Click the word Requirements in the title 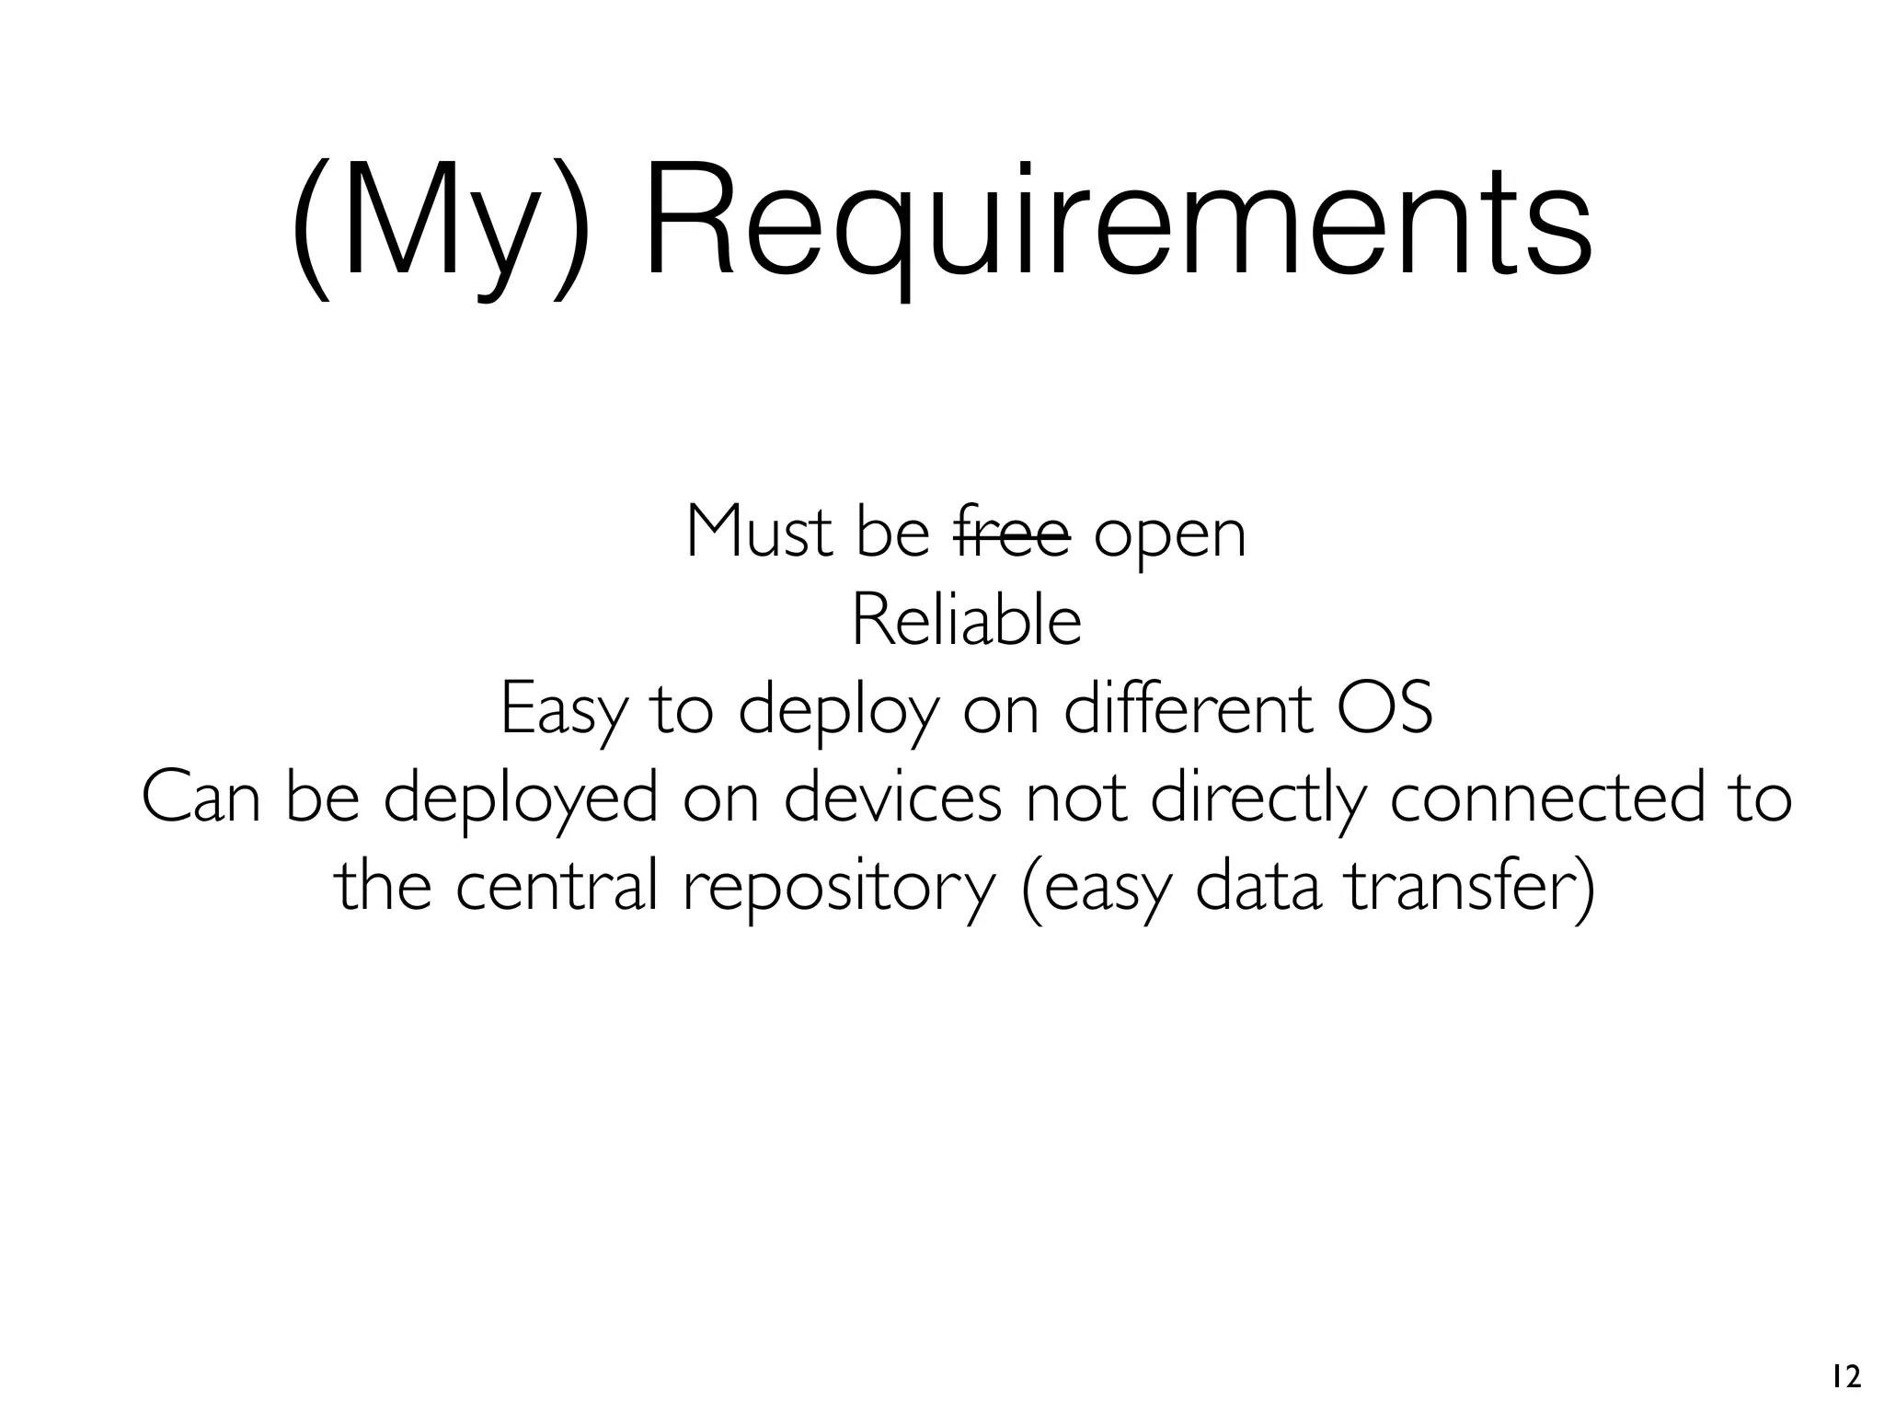pyautogui.click(x=1117, y=223)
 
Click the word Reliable pyautogui.click(x=966, y=621)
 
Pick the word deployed pyautogui.click(x=520, y=798)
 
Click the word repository pyautogui.click(x=839, y=887)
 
